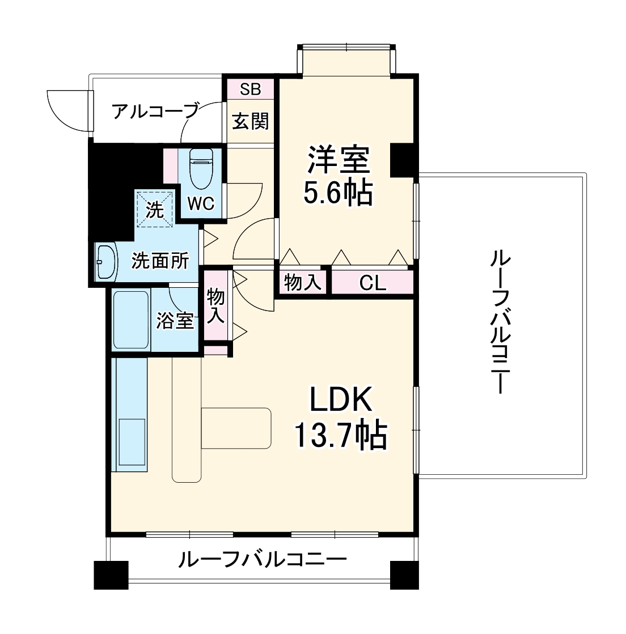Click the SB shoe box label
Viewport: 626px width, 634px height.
(250, 89)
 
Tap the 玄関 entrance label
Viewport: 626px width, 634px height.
(250, 121)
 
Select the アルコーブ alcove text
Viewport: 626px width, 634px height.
(155, 110)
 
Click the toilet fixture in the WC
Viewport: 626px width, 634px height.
(200, 169)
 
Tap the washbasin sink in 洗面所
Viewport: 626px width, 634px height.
(105, 262)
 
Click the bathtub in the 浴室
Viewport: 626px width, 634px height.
(131, 320)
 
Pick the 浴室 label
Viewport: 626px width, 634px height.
(176, 321)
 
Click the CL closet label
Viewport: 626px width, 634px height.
(373, 283)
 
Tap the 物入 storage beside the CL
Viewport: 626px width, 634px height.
(302, 282)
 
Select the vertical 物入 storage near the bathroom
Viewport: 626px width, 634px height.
(215, 306)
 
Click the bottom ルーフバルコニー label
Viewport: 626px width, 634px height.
(262, 560)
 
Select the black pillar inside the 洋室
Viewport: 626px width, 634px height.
(403, 160)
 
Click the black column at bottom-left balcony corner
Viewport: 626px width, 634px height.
(111, 576)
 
